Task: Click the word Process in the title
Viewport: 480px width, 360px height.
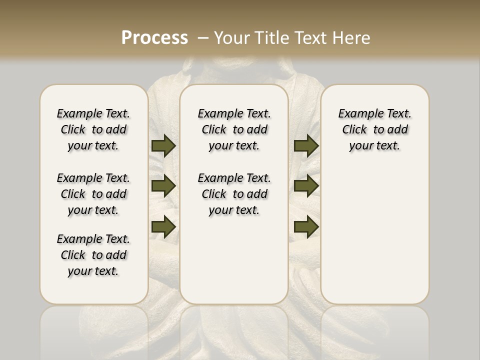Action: click(154, 38)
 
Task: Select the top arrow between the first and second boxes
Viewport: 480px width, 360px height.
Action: click(163, 145)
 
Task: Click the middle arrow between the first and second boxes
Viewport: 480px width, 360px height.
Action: click(163, 186)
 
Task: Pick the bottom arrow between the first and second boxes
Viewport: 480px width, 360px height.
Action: click(163, 226)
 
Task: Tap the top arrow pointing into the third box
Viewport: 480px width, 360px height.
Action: click(306, 145)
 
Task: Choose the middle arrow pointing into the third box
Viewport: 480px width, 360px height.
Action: click(306, 186)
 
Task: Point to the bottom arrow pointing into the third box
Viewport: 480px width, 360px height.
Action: click(306, 226)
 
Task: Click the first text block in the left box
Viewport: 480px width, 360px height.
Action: click(93, 129)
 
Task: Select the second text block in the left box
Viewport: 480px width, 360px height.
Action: click(93, 194)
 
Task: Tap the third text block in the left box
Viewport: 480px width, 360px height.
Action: click(93, 255)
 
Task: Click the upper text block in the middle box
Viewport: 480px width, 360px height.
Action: click(234, 129)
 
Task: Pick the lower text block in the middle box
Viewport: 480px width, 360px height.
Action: click(234, 194)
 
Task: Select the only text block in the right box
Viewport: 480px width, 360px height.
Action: click(375, 129)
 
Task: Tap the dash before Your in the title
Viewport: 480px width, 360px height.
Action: click(203, 38)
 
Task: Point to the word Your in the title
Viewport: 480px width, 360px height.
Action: click(232, 38)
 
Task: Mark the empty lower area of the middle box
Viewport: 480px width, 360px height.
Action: click(234, 260)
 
